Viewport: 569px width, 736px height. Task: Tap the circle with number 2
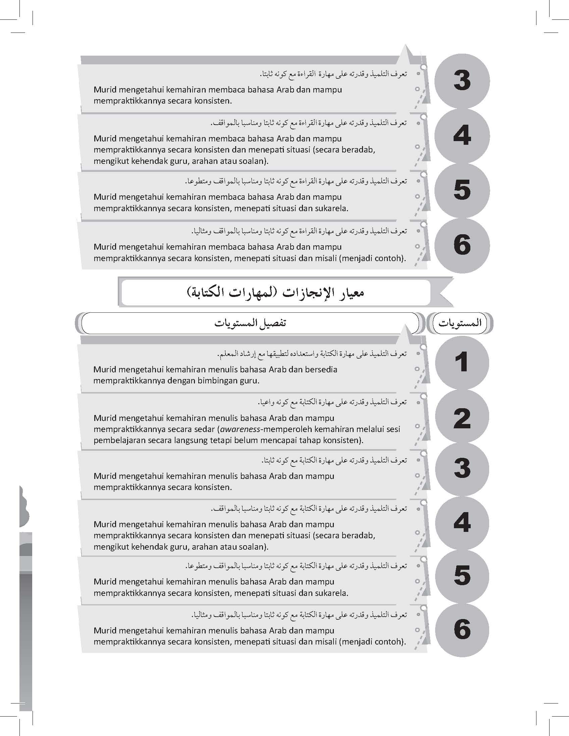[462, 418]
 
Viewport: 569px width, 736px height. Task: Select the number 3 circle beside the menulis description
[462, 469]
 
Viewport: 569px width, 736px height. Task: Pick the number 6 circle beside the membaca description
[462, 245]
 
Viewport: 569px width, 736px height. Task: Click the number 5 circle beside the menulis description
[462, 575]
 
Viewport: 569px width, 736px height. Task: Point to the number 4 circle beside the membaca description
[462, 136]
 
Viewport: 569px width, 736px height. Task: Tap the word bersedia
[321, 369]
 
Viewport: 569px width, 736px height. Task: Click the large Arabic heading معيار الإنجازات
[275, 292]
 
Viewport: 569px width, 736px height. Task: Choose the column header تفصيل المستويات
[250, 323]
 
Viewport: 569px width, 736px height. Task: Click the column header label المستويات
[460, 323]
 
